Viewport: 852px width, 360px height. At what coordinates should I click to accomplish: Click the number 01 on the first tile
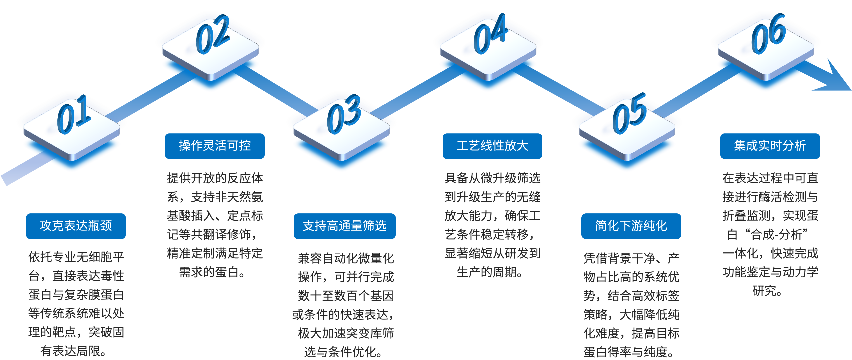tap(73, 115)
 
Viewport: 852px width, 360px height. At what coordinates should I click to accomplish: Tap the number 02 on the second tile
tap(212, 34)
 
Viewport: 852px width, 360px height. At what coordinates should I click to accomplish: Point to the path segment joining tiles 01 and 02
tap(146, 99)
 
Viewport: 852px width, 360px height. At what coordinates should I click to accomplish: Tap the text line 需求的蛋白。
tap(212, 272)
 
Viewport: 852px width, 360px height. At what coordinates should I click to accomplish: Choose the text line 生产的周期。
tap(490, 272)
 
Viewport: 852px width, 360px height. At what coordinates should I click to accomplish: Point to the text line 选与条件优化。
tap(343, 352)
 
